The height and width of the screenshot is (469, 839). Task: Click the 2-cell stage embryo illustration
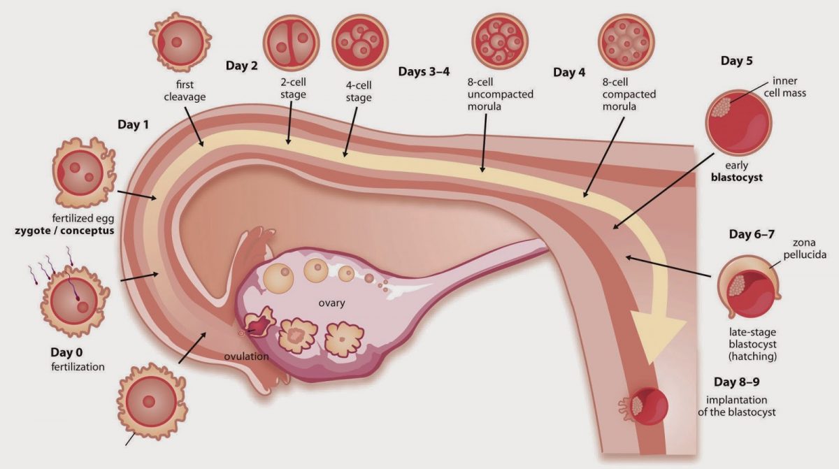(292, 43)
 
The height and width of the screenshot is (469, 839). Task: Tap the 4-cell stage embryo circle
(360, 42)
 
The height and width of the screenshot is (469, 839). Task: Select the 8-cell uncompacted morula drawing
(500, 41)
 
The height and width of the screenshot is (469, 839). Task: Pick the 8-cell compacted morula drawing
(626, 41)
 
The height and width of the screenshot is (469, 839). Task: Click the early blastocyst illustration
(738, 122)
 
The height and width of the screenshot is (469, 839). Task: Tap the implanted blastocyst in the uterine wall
(644, 406)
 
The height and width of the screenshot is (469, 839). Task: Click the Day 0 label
(66, 352)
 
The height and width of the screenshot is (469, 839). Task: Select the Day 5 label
(736, 61)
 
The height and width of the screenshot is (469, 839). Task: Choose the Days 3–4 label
(424, 71)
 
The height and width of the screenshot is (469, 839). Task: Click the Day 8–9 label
(736, 382)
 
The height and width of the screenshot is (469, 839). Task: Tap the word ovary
(331, 303)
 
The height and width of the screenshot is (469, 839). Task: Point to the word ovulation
(246, 356)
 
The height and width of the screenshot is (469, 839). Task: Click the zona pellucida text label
(805, 249)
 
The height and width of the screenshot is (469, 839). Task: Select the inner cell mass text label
(785, 87)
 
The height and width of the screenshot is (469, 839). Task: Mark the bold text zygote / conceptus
(64, 231)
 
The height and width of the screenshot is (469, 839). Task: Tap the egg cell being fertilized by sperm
(75, 301)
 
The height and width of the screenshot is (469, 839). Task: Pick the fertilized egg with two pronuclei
(83, 173)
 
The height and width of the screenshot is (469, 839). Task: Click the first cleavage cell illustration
(180, 42)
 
